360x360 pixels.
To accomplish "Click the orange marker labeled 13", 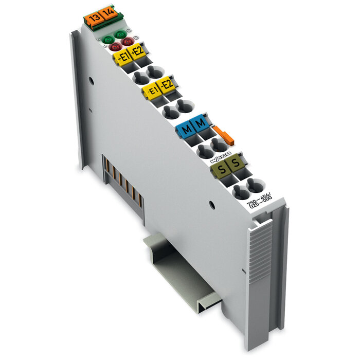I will tap(94, 19).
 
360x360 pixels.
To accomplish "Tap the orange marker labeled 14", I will tap(109, 12).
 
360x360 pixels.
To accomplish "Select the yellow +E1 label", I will tap(122, 58).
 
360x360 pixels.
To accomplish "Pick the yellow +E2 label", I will tap(137, 51).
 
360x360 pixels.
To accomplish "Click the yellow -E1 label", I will tap(152, 92).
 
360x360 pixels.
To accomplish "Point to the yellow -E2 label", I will tap(166, 85).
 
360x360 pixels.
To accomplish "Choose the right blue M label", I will tap(200, 123).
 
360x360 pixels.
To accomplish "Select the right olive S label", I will tap(235, 163).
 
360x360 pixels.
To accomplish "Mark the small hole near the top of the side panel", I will tap(91, 80).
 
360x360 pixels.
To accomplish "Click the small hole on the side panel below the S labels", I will tap(212, 205).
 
